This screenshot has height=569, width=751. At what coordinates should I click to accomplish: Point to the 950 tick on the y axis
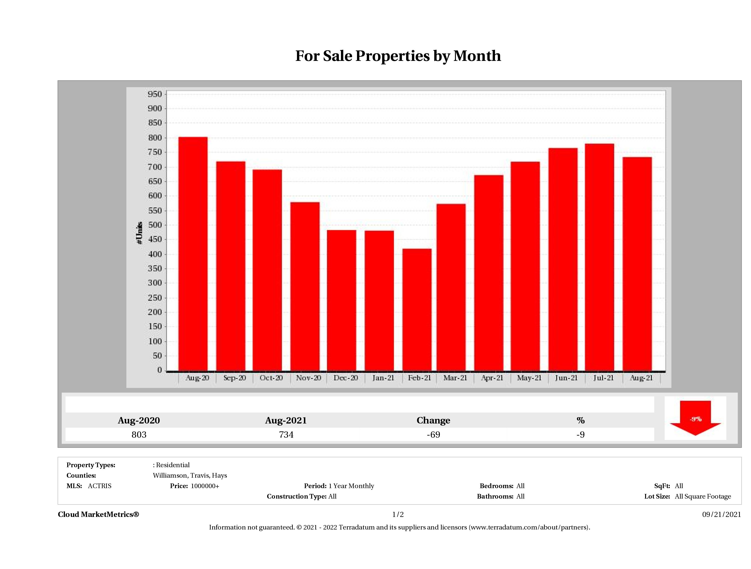click(x=155, y=94)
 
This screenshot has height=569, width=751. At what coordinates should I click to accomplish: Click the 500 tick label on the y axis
click(x=155, y=225)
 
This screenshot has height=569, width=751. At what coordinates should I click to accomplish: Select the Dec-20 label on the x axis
click(x=346, y=378)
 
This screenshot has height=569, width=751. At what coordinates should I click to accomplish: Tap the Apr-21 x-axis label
click(x=492, y=378)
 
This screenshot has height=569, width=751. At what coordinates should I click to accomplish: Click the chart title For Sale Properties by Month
click(x=398, y=56)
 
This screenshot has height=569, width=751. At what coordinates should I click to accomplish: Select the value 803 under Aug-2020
click(x=139, y=434)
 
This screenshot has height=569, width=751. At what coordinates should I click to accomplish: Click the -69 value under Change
click(x=433, y=434)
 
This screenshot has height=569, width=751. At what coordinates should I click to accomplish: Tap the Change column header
click(x=433, y=420)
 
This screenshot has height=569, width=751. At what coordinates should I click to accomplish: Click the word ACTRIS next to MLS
click(x=99, y=486)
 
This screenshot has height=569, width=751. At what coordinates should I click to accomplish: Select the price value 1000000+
click(x=205, y=486)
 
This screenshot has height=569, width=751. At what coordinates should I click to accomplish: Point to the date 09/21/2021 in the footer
click(x=721, y=514)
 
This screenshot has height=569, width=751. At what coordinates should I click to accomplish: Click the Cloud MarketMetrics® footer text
click(x=98, y=514)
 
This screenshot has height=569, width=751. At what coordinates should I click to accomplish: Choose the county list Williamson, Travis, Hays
click(x=190, y=475)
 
